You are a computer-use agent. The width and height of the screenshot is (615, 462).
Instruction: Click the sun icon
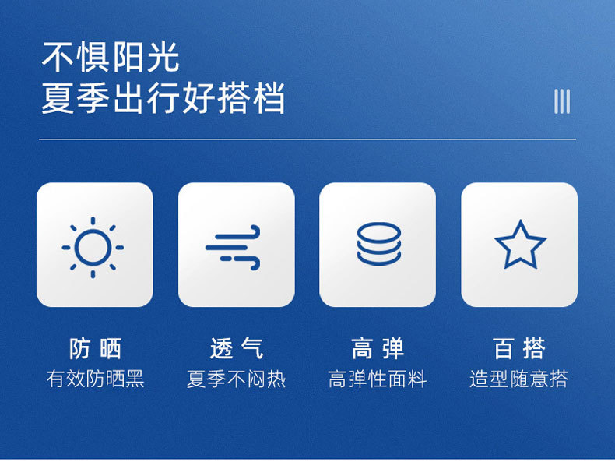point(93,247)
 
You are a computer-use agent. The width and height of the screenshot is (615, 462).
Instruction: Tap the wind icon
point(233,247)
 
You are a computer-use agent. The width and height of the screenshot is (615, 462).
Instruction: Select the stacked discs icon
point(379,244)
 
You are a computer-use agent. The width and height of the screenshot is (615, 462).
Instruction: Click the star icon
point(521,245)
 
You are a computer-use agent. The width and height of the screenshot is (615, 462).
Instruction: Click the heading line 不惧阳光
point(111,58)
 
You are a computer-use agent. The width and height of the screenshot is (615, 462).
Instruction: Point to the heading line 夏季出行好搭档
point(163,97)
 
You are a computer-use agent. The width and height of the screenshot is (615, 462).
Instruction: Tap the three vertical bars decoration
point(561,101)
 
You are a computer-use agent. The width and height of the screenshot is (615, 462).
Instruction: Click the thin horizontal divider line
point(307,139)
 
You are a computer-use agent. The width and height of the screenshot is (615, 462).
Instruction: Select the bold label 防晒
point(95,348)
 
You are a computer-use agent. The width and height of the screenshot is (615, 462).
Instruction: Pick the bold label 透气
point(237,348)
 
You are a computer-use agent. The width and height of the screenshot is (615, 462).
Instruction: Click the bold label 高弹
point(378,348)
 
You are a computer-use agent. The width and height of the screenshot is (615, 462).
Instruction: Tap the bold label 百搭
point(519,348)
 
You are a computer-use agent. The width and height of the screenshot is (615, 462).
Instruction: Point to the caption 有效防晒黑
point(95,379)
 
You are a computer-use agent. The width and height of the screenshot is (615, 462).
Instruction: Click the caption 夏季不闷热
point(237,379)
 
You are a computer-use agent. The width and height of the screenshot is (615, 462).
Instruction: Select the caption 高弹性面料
point(378,379)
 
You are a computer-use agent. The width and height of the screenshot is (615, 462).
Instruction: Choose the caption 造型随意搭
point(519,379)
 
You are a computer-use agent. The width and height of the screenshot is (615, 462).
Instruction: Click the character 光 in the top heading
point(163,58)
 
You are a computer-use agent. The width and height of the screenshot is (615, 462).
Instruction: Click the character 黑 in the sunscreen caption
point(135,379)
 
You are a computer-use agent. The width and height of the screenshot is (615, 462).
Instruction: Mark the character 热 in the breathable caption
point(276,379)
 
